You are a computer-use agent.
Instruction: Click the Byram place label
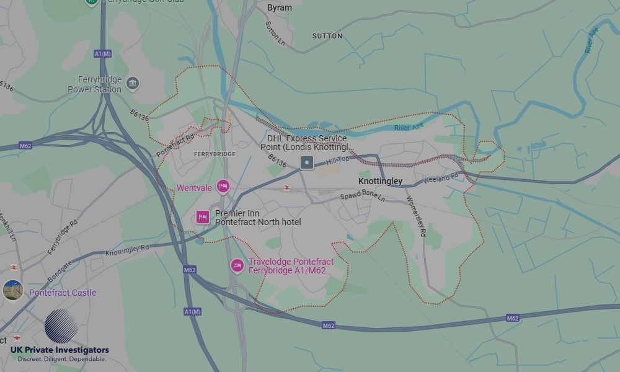279,8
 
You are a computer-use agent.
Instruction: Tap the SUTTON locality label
327,37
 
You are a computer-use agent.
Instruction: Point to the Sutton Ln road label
275,33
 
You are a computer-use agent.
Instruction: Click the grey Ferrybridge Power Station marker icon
132,83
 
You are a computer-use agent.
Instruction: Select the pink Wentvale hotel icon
223,187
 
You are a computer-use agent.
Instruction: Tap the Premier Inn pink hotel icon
202,217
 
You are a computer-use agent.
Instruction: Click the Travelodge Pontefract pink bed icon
237,266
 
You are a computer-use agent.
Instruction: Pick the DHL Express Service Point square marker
306,162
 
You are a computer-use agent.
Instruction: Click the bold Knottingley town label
380,181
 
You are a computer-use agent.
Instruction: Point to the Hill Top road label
338,160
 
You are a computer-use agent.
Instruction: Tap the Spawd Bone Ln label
363,197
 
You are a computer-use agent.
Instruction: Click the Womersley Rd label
416,216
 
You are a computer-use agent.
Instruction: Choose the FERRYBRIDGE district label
215,154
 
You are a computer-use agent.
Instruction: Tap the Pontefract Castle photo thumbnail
13,290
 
